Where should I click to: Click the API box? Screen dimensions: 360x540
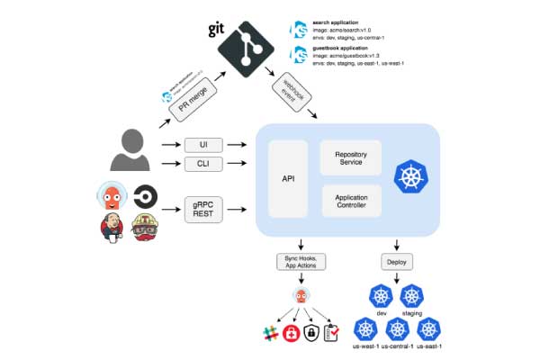click(288, 178)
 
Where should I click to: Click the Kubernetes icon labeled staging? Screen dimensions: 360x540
click(412, 297)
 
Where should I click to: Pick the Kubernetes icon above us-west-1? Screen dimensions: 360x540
click(364, 330)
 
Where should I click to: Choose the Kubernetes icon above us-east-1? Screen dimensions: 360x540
click(429, 330)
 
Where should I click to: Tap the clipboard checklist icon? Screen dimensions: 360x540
click(332, 334)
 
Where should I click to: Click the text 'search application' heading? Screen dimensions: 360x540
click(333, 21)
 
